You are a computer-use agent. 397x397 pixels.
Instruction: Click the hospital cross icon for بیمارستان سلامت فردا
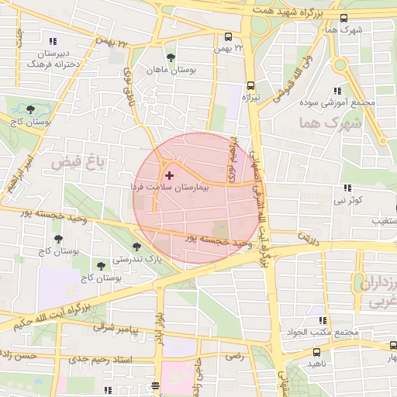coord(170,176)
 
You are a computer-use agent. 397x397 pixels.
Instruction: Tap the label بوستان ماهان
coord(171,69)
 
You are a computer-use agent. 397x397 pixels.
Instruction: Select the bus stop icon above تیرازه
coord(250,85)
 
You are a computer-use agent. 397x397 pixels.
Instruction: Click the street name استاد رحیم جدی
coord(101,360)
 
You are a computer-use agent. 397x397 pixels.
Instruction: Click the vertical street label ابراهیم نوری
coord(230,160)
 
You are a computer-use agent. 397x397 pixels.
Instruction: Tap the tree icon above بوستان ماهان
coord(171,57)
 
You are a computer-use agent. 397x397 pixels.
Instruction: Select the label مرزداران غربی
coord(374,290)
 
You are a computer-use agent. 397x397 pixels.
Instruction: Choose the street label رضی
coord(233,356)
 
